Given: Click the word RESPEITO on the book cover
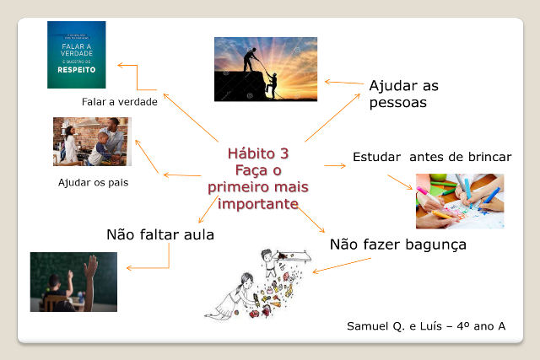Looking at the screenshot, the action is pos(77,70).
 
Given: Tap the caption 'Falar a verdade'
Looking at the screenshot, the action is pos(120,102).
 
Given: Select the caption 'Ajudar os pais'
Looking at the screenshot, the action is pos(94,182).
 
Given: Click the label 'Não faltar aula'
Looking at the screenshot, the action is pos(160,234).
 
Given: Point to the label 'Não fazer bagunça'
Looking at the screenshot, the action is pos(398,244).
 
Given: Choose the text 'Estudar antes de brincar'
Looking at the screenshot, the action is pos(432,157).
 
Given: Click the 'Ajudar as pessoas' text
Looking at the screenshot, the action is pos(403,94).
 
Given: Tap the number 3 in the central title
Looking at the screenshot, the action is pos(284,153).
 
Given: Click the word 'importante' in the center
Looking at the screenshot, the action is pos(258,204).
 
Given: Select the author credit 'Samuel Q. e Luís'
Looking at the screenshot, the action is pos(394,326).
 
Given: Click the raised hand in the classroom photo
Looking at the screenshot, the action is pos(91,266).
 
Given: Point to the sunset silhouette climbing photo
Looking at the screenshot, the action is pos(266,69).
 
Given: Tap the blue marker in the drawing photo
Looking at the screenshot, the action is pos(490,199).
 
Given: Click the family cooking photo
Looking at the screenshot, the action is pos(92,142).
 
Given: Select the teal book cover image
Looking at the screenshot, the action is pos(77,55).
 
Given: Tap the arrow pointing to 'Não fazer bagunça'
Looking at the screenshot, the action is pos(310,219).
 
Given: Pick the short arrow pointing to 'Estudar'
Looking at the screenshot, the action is pos(335,166).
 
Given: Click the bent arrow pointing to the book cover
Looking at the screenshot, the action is pos(137,78).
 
